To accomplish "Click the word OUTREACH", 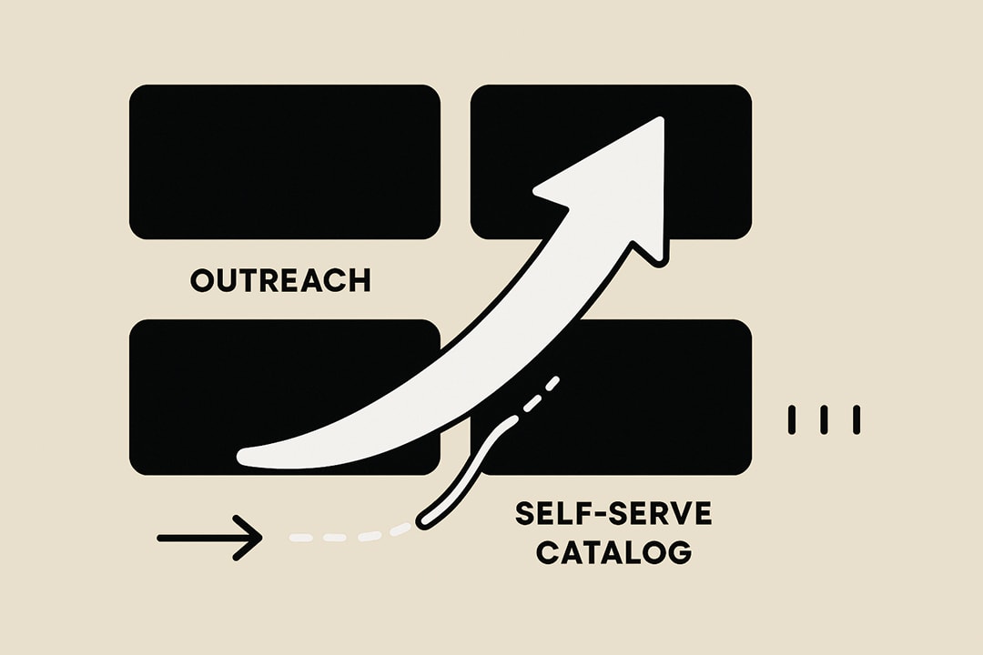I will click(280, 280).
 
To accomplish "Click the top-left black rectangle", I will click(285, 162).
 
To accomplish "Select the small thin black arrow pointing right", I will click(209, 538).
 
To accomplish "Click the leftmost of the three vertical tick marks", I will click(792, 418).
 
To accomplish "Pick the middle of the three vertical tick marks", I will click(824, 418).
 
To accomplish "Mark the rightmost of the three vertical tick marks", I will click(856, 418).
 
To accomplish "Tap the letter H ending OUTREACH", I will click(360, 280).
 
